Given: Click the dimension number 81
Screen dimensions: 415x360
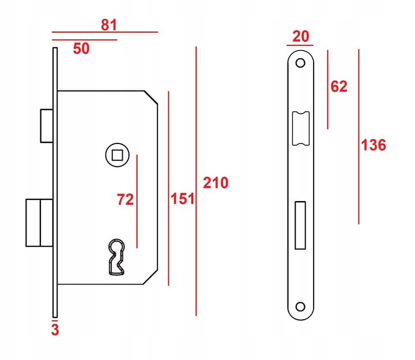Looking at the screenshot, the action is pyautogui.click(x=109, y=25).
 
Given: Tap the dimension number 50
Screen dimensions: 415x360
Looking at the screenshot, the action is pyautogui.click(x=81, y=48).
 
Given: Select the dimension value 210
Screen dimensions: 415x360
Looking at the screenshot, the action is pyautogui.click(x=216, y=183).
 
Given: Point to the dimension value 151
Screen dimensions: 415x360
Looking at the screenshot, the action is pyautogui.click(x=182, y=199).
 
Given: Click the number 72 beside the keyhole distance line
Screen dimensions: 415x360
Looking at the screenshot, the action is pyautogui.click(x=126, y=199).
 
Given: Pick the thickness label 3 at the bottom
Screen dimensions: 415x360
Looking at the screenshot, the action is pyautogui.click(x=55, y=329).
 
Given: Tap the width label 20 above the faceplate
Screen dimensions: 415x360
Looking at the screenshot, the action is pyautogui.click(x=301, y=36).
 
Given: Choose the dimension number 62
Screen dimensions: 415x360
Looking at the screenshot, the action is pyautogui.click(x=339, y=86).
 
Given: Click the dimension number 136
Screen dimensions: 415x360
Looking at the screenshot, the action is pyautogui.click(x=373, y=145).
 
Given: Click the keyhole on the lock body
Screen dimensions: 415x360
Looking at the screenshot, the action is pyautogui.click(x=116, y=257).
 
